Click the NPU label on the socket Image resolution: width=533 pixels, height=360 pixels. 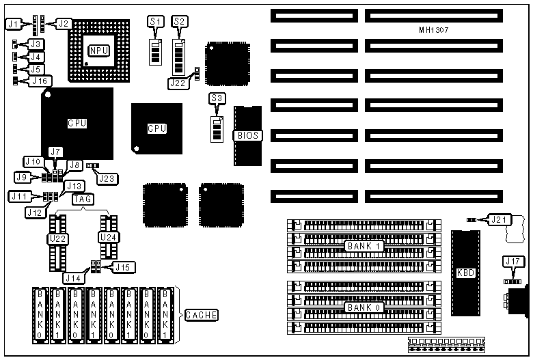pos(98,50)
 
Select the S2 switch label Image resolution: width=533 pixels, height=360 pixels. pos(180,22)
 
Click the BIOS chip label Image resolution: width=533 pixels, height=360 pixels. pos(247,135)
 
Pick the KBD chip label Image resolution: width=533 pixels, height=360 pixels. pos(465,272)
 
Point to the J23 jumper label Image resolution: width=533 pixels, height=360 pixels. pos(107,179)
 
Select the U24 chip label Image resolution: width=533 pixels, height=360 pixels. pos(108,237)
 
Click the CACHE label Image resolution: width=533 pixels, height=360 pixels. pos(202,315)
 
